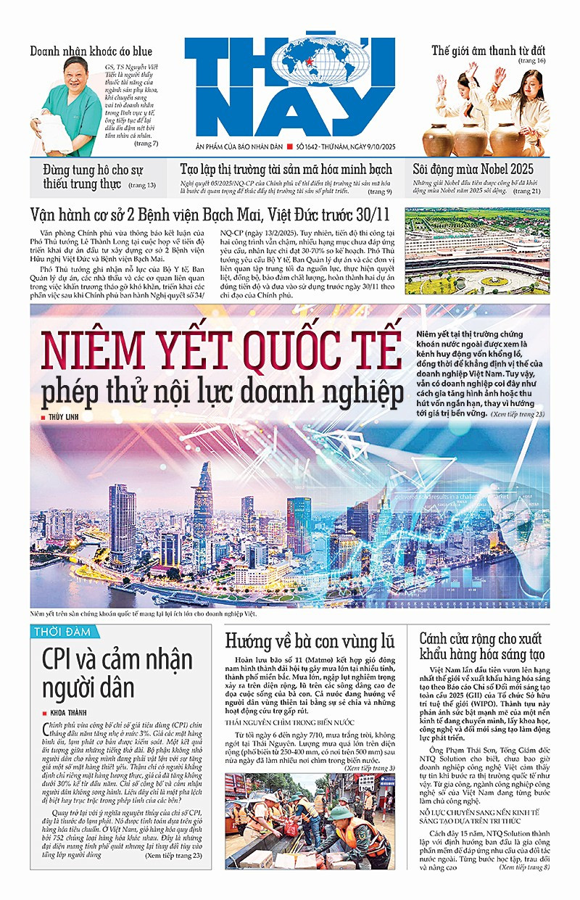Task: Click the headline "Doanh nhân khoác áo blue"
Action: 91,51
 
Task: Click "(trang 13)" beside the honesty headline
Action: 141,185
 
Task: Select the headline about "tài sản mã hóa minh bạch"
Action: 286,169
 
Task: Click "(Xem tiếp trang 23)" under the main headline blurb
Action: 517,414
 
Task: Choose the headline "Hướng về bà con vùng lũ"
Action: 310,641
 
